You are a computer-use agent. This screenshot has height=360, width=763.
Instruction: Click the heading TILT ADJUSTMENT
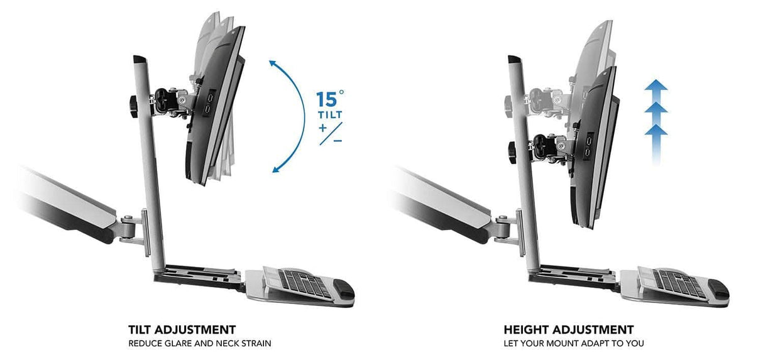pyautogui.click(x=182, y=330)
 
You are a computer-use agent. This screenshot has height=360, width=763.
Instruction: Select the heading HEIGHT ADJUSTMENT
pyautogui.click(x=568, y=330)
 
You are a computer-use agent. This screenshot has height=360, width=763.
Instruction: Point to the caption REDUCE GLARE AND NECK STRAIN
pyautogui.click(x=200, y=344)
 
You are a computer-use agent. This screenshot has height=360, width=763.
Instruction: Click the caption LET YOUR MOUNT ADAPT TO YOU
pyautogui.click(x=574, y=344)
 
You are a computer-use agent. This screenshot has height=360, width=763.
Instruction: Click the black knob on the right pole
pyautogui.click(x=511, y=151)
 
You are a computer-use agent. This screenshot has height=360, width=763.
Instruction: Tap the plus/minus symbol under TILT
pyautogui.click(x=330, y=134)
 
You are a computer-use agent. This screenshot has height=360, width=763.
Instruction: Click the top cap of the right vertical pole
pyautogui.click(x=514, y=60)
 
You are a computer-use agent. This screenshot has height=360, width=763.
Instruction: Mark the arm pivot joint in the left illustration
pyautogui.click(x=128, y=223)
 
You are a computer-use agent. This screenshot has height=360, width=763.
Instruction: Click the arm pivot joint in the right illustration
pyautogui.click(x=503, y=222)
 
